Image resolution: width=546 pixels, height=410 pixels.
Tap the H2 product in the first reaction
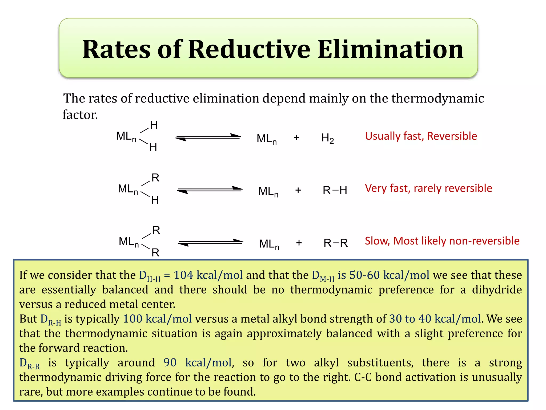[327, 138]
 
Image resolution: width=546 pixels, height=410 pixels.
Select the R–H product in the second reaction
[335, 190]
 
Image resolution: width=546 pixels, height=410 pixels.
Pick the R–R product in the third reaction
[336, 243]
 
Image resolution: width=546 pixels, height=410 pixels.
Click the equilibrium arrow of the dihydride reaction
[208, 137]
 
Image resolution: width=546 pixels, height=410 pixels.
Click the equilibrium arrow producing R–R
[211, 242]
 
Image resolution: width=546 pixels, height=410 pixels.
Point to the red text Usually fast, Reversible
[421, 136]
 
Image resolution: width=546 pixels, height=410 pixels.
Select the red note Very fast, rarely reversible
[428, 188]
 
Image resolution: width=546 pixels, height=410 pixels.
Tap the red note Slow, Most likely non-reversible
[442, 241]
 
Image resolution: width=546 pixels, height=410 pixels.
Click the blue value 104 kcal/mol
[208, 275]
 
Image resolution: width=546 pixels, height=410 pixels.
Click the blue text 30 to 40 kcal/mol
[435, 319]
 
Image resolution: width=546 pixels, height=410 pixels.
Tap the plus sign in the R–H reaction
[298, 190]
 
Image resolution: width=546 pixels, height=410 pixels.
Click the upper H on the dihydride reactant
[154, 125]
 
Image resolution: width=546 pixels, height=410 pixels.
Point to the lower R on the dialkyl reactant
[155, 253]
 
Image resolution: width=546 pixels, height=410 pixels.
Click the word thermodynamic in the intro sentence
[437, 98]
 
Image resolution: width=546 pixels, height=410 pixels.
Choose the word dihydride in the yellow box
[497, 290]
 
